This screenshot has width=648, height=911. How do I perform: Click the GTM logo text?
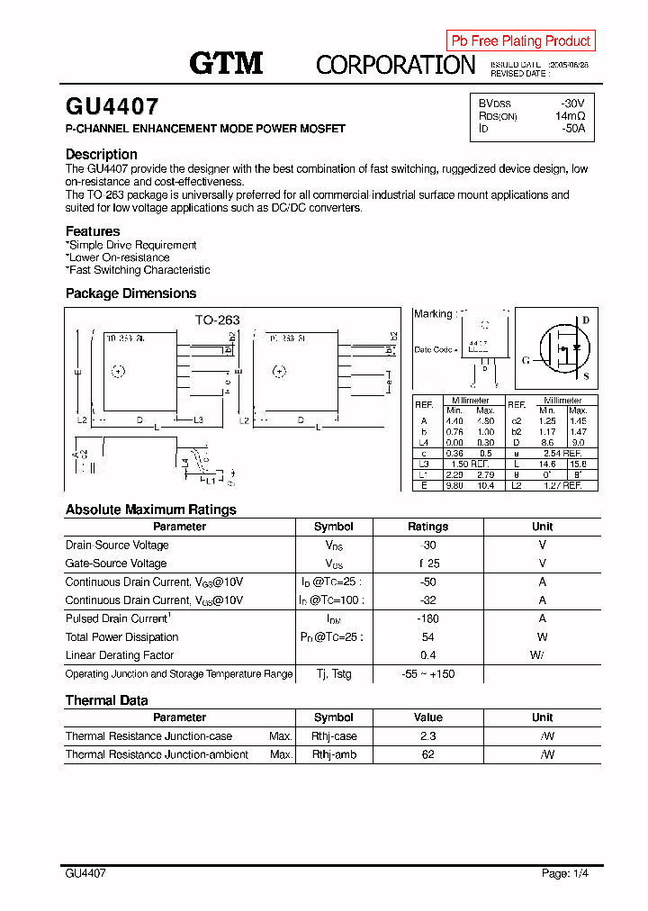(226, 63)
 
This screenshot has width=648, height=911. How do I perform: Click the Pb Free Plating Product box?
(520, 41)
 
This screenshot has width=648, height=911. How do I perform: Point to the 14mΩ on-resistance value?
(570, 116)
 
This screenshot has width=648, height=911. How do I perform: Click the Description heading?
(102, 154)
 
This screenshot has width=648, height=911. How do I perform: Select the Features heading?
(93, 231)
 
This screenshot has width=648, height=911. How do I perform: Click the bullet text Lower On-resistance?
(119, 257)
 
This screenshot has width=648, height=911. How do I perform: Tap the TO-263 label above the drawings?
(218, 320)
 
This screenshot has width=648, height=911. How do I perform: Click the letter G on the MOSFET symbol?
(525, 360)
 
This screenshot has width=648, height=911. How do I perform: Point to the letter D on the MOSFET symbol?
(585, 320)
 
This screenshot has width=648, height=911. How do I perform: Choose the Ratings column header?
(427, 527)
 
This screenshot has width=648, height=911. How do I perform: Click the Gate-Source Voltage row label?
(116, 564)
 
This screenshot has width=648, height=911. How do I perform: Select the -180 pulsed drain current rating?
(427, 618)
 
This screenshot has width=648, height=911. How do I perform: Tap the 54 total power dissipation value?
(427, 637)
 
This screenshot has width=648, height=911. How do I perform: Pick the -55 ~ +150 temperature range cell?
(427, 674)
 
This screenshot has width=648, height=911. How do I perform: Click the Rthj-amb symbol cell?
(334, 755)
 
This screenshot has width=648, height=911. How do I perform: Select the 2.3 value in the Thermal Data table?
(427, 736)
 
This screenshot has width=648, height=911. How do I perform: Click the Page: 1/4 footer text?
(565, 873)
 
